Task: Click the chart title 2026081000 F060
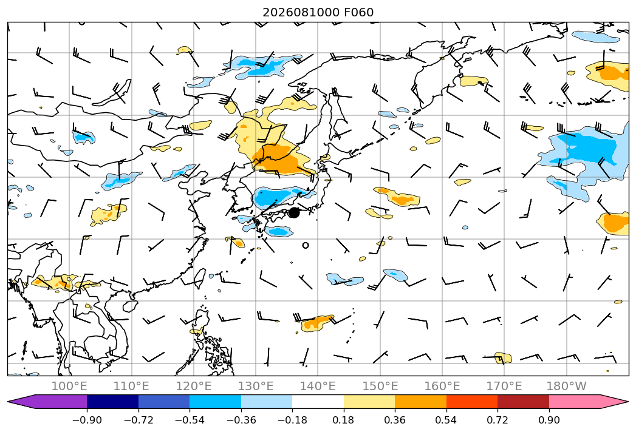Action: coord(318,12)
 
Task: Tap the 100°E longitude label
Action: coord(69,386)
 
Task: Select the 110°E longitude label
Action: coord(131,386)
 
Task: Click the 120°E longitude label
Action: coord(194,386)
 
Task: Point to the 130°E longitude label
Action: coord(256,386)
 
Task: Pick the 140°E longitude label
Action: coord(318,386)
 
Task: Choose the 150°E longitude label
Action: coord(380,386)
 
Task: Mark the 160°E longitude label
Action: coord(442,386)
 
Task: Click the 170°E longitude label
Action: coord(504,386)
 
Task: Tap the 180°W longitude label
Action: coord(567,386)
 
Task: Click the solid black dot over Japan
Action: coord(294,212)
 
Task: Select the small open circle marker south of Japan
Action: coord(306,245)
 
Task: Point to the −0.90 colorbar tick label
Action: coord(87,420)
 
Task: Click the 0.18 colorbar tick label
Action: coord(343,420)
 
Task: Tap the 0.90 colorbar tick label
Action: coord(549,420)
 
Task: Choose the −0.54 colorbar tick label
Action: coord(190,420)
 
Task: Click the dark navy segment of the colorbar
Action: coord(112,402)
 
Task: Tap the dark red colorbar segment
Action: coord(523,402)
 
